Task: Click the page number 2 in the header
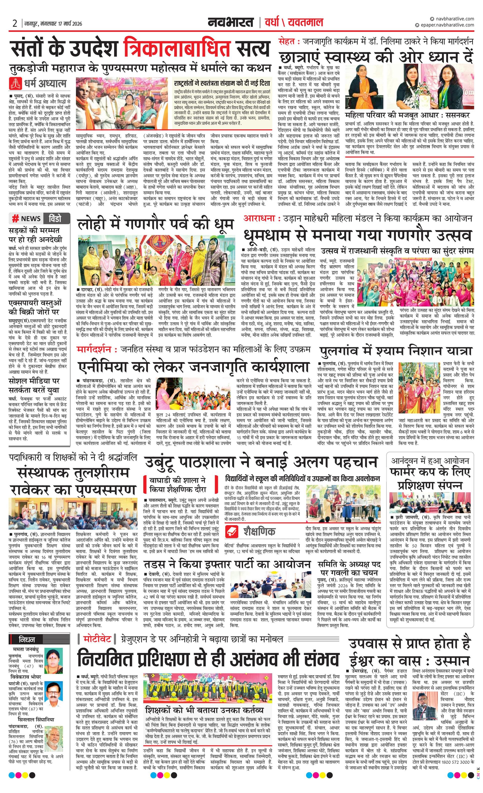click(15, 23)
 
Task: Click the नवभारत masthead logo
click(230, 22)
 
